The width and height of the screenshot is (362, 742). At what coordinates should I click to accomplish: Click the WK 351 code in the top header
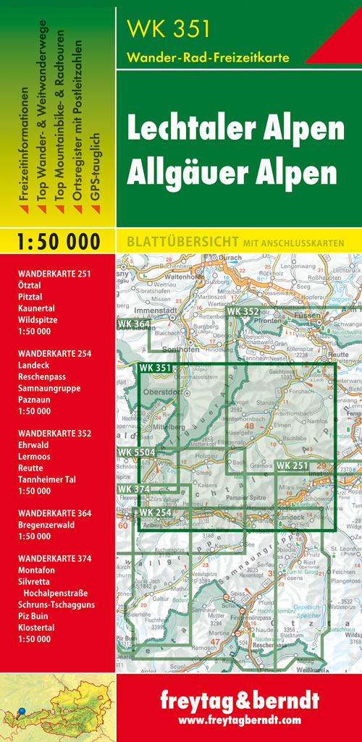[x=168, y=29]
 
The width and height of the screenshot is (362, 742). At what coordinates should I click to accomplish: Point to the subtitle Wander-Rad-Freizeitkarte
[x=207, y=57]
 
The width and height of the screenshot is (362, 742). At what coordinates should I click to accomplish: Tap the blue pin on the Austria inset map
[x=22, y=712]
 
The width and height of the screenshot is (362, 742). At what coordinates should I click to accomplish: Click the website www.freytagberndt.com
[x=239, y=720]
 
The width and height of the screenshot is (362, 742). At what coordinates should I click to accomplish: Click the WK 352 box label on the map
[x=243, y=312]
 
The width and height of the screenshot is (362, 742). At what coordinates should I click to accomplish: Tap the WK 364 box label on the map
[x=133, y=324]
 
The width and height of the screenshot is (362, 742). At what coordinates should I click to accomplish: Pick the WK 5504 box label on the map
[x=135, y=452]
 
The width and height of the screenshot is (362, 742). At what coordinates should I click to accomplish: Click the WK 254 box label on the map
[x=156, y=513]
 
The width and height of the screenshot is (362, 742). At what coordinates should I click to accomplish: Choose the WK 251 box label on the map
[x=292, y=465]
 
